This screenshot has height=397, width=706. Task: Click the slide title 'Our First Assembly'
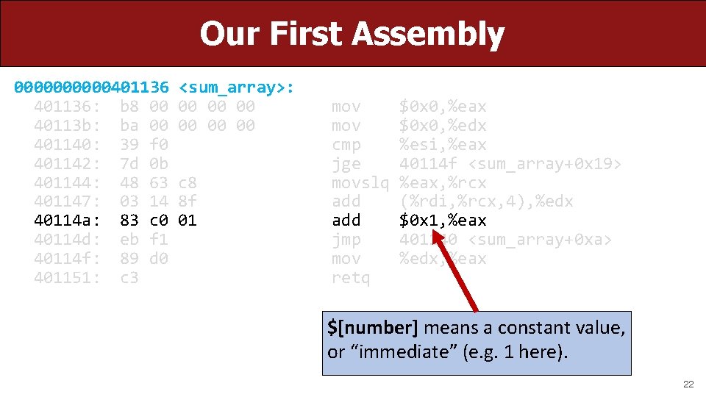click(352, 34)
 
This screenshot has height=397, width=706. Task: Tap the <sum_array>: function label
click(237, 87)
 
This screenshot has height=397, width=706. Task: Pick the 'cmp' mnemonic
click(346, 145)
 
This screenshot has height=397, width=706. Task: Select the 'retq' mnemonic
click(351, 278)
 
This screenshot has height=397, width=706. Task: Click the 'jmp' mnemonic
click(346, 240)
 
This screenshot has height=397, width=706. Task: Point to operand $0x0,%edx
click(442, 126)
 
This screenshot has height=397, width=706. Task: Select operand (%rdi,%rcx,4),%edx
click(485, 201)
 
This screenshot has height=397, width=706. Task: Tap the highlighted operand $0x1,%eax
click(442, 221)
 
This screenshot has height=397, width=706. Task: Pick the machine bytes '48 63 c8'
click(158, 182)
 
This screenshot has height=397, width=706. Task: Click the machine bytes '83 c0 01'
click(158, 221)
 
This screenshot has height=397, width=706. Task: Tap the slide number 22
click(688, 385)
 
